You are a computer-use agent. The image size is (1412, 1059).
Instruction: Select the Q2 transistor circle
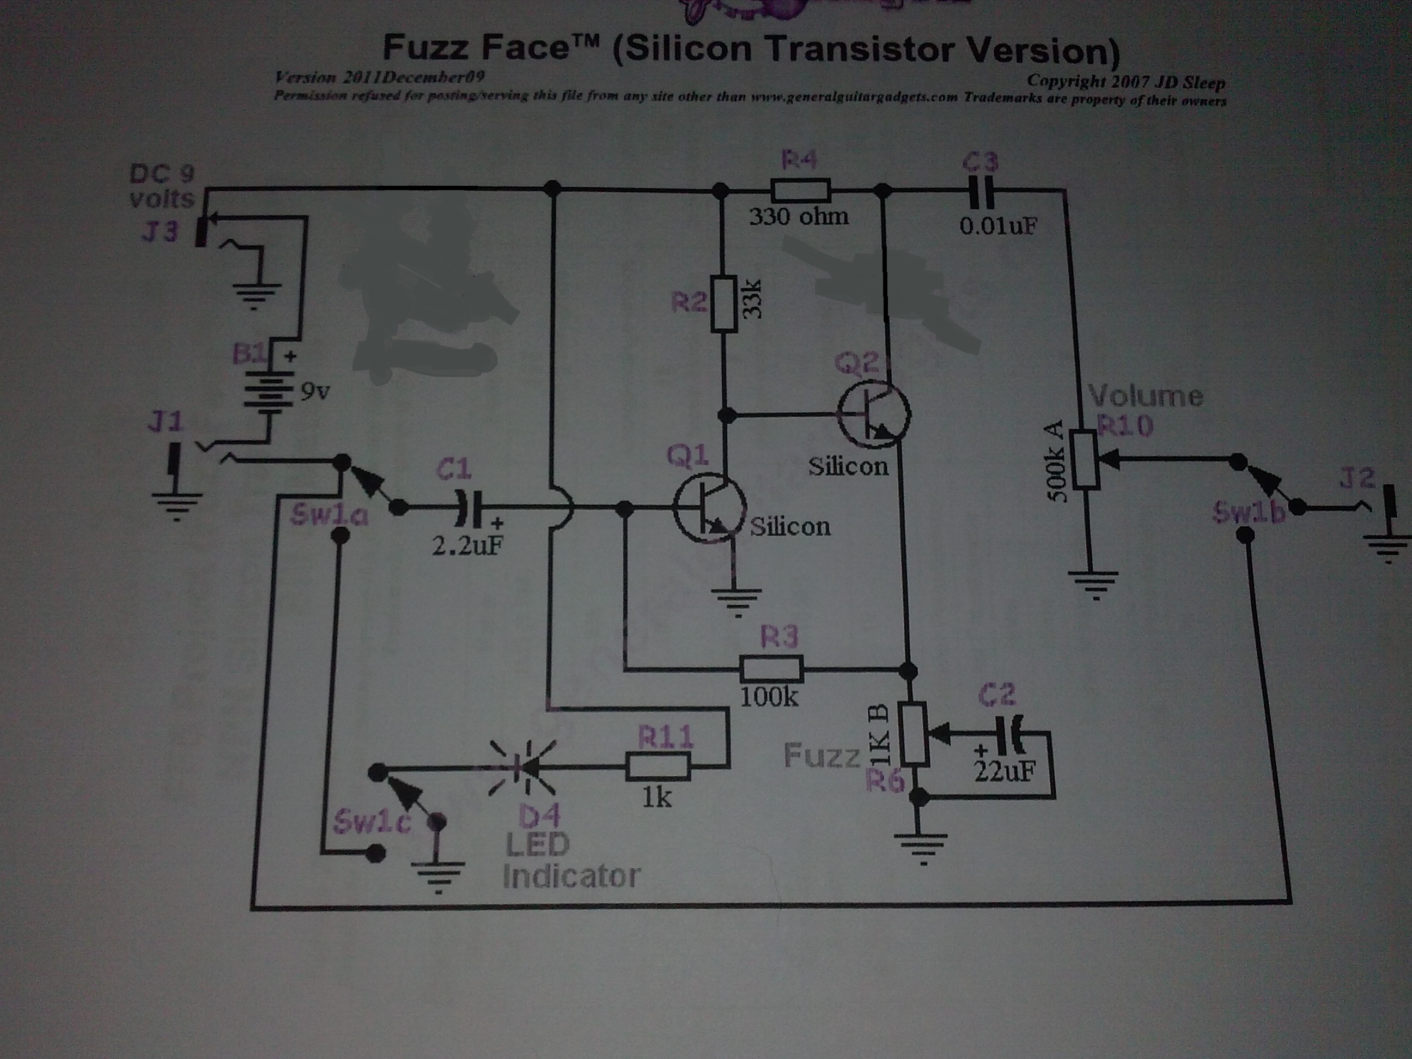[x=874, y=413]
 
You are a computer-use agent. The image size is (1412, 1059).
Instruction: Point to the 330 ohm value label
[x=799, y=217]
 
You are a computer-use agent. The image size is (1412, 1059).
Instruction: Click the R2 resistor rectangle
[x=724, y=304]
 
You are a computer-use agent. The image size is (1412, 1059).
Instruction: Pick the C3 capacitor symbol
[x=981, y=190]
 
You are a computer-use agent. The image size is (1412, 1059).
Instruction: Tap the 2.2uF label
[x=467, y=545]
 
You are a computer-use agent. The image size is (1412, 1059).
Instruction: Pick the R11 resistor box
[x=658, y=766]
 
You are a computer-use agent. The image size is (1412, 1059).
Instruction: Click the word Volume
[x=1146, y=397]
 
